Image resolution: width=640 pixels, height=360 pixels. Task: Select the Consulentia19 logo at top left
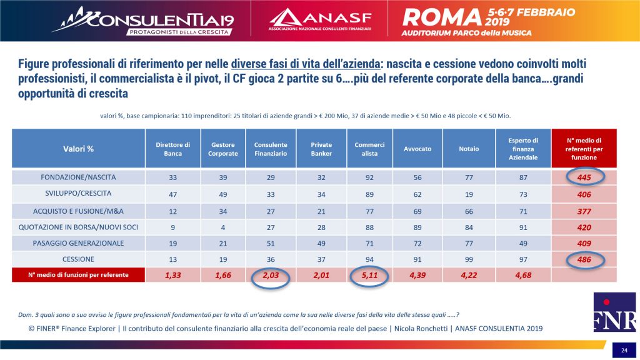pos(143,21)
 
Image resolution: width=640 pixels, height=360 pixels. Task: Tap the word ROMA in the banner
pos(442,17)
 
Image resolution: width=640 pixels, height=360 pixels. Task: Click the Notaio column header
pos(469,149)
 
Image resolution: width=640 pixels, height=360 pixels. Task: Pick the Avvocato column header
pos(417,149)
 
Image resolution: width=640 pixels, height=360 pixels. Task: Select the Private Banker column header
pos(321,149)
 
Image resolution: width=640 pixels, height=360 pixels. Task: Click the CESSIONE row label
pos(78,259)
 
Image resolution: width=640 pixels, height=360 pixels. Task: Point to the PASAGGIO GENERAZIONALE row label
pos(78,243)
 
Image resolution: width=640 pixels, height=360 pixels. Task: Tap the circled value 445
pos(584,177)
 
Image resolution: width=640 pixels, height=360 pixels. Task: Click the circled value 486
pos(584,259)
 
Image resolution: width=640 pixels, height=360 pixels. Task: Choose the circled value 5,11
pos(369,276)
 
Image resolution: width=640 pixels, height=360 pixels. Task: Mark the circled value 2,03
pos(271,276)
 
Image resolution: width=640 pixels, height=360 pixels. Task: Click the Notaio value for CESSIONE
pos(469,259)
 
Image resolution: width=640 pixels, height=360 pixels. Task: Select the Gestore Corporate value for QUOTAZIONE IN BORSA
pos(223,227)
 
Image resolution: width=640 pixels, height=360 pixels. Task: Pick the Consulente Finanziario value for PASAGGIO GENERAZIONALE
pos(271,244)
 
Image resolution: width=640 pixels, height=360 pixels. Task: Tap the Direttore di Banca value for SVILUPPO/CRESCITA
pos(172,194)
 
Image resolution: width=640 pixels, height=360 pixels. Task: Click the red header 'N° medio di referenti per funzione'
pos(584,149)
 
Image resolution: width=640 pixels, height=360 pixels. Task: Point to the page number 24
pos(624,350)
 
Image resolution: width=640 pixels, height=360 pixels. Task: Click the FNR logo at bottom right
pos(614,312)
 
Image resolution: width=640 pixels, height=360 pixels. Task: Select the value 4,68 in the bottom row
pos(523,276)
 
